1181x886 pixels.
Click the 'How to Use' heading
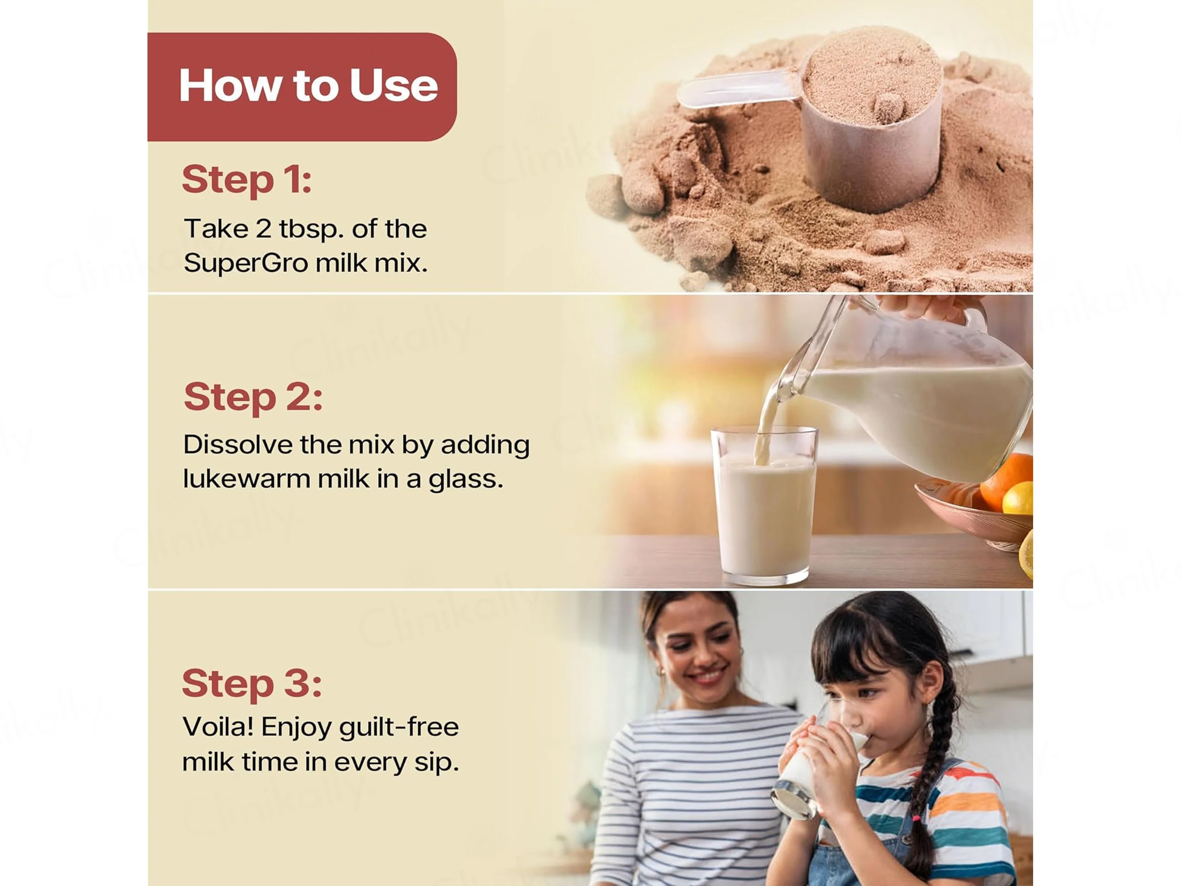pyautogui.click(x=309, y=85)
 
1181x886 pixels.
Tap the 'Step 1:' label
pyautogui.click(x=247, y=180)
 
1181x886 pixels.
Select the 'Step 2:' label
pyautogui.click(x=253, y=398)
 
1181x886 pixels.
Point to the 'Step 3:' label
pyautogui.click(x=252, y=684)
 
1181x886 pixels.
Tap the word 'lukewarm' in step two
pyautogui.click(x=247, y=479)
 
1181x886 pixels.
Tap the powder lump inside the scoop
pyautogui.click(x=887, y=109)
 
